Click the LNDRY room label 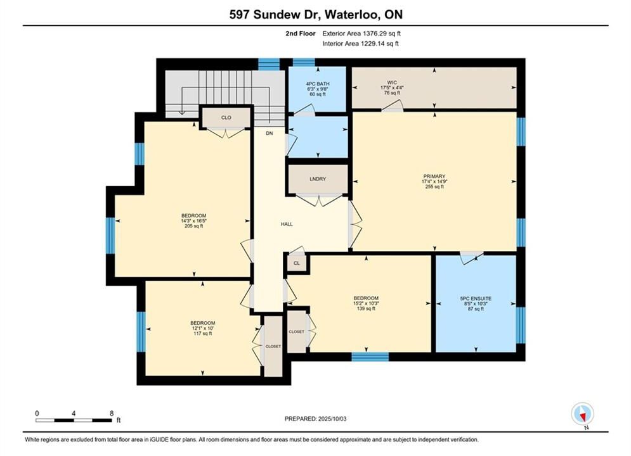tap(318, 179)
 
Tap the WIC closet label tap(392, 83)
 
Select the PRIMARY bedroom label tap(434, 176)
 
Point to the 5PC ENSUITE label tap(476, 298)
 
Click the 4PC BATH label tap(318, 84)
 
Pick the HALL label tap(287, 224)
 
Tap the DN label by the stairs tap(270, 133)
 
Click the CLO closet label tap(226, 117)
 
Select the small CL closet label tap(297, 263)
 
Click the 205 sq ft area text tap(193, 226)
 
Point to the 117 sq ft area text tap(202, 334)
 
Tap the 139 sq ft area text tap(366, 308)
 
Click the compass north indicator tap(582, 414)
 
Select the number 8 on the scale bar tap(112, 413)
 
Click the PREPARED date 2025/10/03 tap(332, 419)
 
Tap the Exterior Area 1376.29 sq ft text tap(361, 34)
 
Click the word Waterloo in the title tap(351, 15)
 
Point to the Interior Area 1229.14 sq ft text tap(361, 44)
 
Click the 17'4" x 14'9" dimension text tap(434, 181)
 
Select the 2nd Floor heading tap(301, 34)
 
